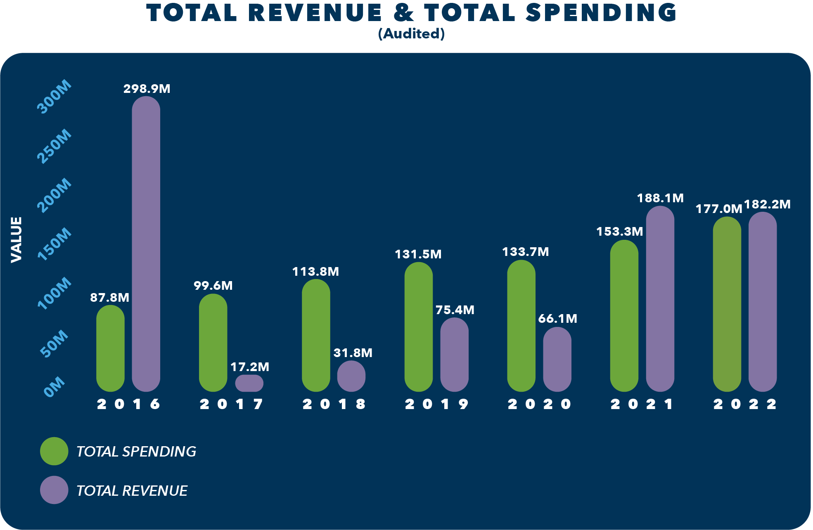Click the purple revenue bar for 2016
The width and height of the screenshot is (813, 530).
pos(146,244)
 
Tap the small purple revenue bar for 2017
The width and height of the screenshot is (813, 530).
pos(249,383)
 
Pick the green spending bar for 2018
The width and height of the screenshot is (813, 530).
pos(316,335)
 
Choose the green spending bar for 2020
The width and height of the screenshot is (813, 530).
pos(521,326)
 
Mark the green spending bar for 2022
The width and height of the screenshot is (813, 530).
pos(727,304)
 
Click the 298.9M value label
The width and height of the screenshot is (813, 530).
pos(147,89)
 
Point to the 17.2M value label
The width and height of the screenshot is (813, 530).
pos(249,367)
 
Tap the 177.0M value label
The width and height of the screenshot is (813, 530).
pos(719,209)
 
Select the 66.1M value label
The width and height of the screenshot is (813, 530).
pos(557,319)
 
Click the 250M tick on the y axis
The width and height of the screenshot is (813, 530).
pos(54,147)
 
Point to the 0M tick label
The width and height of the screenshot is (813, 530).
pos(55,386)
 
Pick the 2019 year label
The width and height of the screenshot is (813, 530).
pos(436,404)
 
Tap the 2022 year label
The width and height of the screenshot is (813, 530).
pos(745,404)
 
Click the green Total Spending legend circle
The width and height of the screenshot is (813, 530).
pos(54,451)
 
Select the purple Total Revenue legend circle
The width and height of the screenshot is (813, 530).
pos(54,490)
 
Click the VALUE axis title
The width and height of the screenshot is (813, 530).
pos(16,239)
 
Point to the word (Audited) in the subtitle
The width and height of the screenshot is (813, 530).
pos(411,34)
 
